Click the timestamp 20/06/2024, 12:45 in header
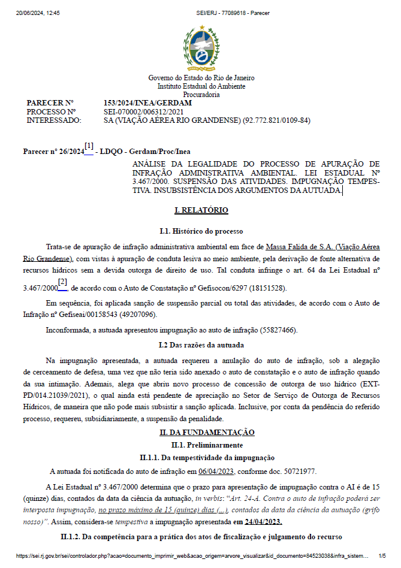[x=34, y=12]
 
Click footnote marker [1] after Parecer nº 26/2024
[x=89, y=146]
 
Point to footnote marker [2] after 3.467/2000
[x=62, y=282]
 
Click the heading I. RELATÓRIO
[x=201, y=210]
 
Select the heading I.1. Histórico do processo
[x=201, y=231]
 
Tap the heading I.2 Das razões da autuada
[x=201, y=345]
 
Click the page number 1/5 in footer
[x=382, y=556]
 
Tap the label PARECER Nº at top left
[x=50, y=103]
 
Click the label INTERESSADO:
[x=54, y=120]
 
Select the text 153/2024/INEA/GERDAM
[x=147, y=103]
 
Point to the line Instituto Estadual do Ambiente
[x=201, y=86]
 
